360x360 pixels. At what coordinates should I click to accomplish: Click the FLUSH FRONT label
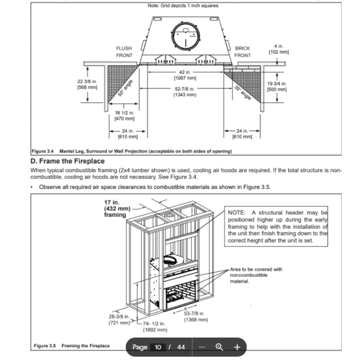[124, 51]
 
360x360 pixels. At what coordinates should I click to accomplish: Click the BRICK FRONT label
[242, 51]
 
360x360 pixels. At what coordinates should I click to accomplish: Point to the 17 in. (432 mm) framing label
[115, 209]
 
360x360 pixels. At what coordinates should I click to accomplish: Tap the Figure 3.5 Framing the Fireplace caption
[72, 346]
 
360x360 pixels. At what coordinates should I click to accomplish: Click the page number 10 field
[158, 347]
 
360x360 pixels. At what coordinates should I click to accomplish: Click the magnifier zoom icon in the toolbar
[219, 347]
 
